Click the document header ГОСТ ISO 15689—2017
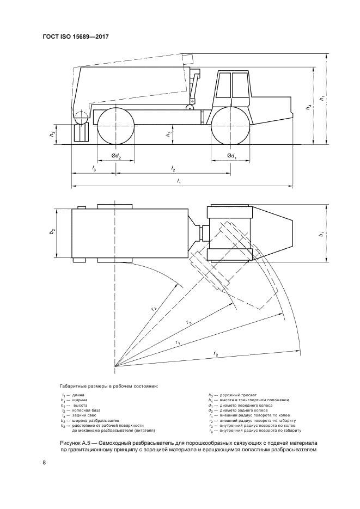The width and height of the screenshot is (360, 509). pos(75,36)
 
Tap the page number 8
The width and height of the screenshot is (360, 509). pos(44,463)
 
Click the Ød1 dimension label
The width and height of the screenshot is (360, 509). pos(231,156)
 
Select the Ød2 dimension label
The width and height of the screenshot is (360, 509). pos(116,156)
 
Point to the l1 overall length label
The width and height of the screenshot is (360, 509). pos(179,182)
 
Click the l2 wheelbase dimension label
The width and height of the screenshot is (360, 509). pos(173,169)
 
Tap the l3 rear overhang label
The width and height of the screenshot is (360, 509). pos(94,169)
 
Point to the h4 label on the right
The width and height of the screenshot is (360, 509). pos(308,107)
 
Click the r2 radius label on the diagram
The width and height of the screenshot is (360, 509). pos(216,353)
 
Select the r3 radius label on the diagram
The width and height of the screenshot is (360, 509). pos(189,322)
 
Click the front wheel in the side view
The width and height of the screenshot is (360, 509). pos(231,126)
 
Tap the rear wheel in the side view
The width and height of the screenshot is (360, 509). pos(116,126)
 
